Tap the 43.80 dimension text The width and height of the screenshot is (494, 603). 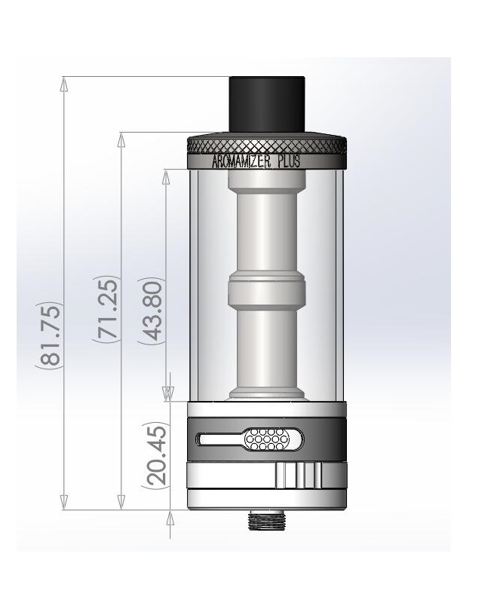[151, 311]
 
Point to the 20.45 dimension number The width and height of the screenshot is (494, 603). [157, 455]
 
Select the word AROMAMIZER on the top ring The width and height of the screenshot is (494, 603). [241, 161]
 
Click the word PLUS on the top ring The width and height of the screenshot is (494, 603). [289, 161]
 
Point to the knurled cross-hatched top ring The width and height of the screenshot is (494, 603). [267, 146]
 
